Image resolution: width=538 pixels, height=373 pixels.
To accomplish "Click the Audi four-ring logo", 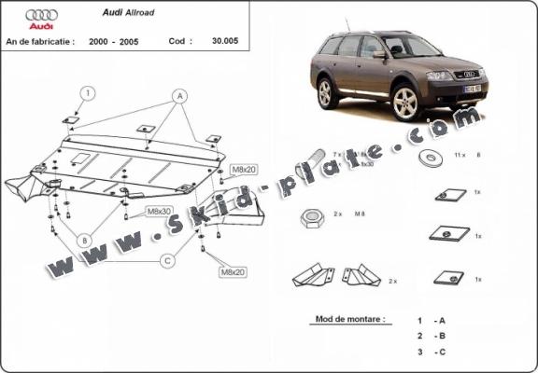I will click(x=42, y=16).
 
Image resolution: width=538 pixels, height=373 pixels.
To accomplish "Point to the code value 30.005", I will click(x=227, y=42).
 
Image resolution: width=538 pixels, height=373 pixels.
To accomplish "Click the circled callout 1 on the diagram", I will click(x=86, y=92).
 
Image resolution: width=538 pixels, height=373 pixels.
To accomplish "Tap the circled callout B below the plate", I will click(x=83, y=240).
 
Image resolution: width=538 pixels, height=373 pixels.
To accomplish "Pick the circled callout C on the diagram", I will click(x=167, y=260).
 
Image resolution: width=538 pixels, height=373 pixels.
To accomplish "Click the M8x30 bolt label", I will click(x=160, y=212).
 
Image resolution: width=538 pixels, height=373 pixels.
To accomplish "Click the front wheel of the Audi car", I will click(x=404, y=104).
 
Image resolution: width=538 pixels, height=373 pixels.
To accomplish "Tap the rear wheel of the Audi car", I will click(x=328, y=93).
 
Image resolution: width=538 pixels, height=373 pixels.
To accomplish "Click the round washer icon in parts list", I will click(x=432, y=156).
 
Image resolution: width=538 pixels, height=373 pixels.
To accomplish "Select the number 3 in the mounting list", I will click(x=420, y=352).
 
